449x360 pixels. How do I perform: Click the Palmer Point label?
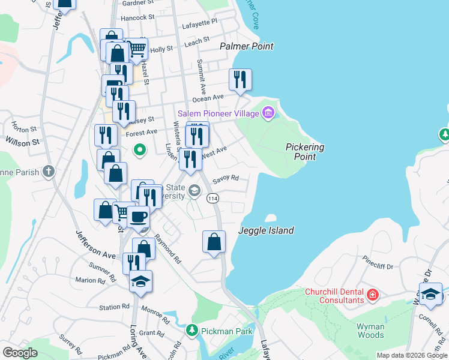click(x=246, y=46)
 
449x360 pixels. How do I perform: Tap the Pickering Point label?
click(x=305, y=151)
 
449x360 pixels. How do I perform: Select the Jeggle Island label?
click(x=266, y=230)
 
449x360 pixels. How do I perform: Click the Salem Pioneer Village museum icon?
click(x=268, y=112)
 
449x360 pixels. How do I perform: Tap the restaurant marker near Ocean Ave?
click(x=240, y=80)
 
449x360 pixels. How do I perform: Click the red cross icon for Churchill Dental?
click(x=373, y=295)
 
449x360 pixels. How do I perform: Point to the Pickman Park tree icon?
click(x=191, y=330)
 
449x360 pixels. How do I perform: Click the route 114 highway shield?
click(x=212, y=198)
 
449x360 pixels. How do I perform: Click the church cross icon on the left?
click(x=49, y=172)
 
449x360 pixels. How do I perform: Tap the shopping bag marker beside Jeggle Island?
click(x=214, y=242)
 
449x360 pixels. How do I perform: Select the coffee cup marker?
click(x=138, y=217)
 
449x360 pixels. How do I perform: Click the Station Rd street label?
click(x=114, y=307)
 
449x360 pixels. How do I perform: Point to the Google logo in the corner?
click(x=20, y=353)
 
